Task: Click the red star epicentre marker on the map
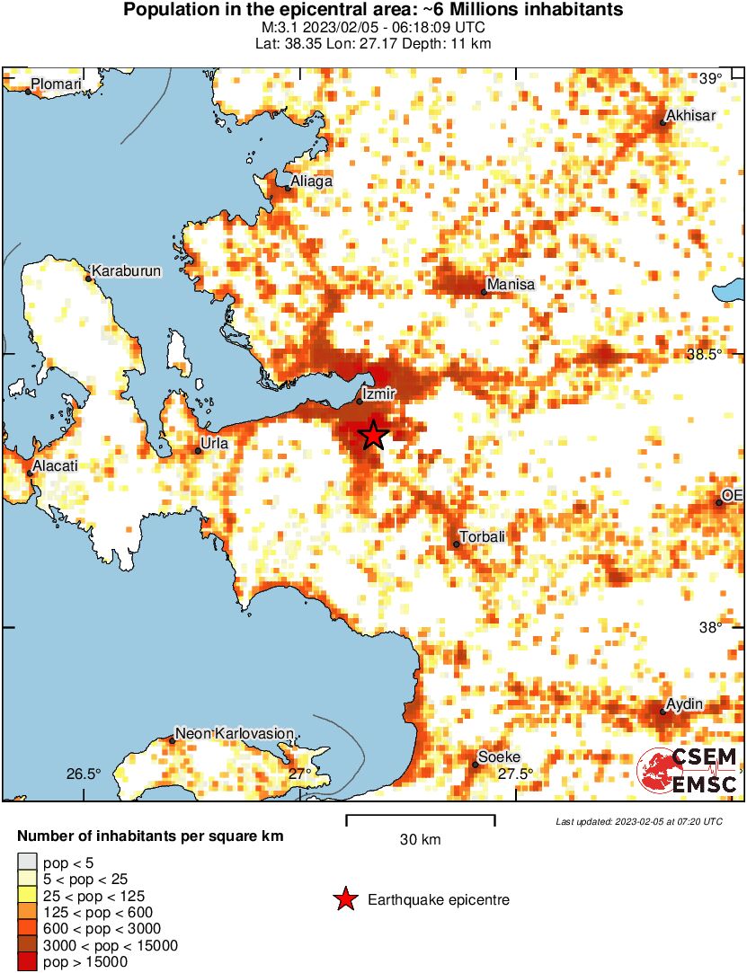pyautogui.click(x=374, y=435)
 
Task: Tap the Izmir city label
pyautogui.click(x=378, y=393)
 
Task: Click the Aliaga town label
pyautogui.click(x=311, y=181)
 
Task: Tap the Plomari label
pyautogui.click(x=56, y=85)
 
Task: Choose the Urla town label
pyautogui.click(x=216, y=443)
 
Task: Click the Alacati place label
pyautogui.click(x=55, y=466)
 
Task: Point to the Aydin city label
pyautogui.click(x=685, y=703)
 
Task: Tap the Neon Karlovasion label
pyautogui.click(x=234, y=734)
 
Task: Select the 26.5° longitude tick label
pyautogui.click(x=84, y=774)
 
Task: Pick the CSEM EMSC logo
pyautogui.click(x=688, y=770)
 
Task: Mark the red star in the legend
pyautogui.click(x=344, y=899)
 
